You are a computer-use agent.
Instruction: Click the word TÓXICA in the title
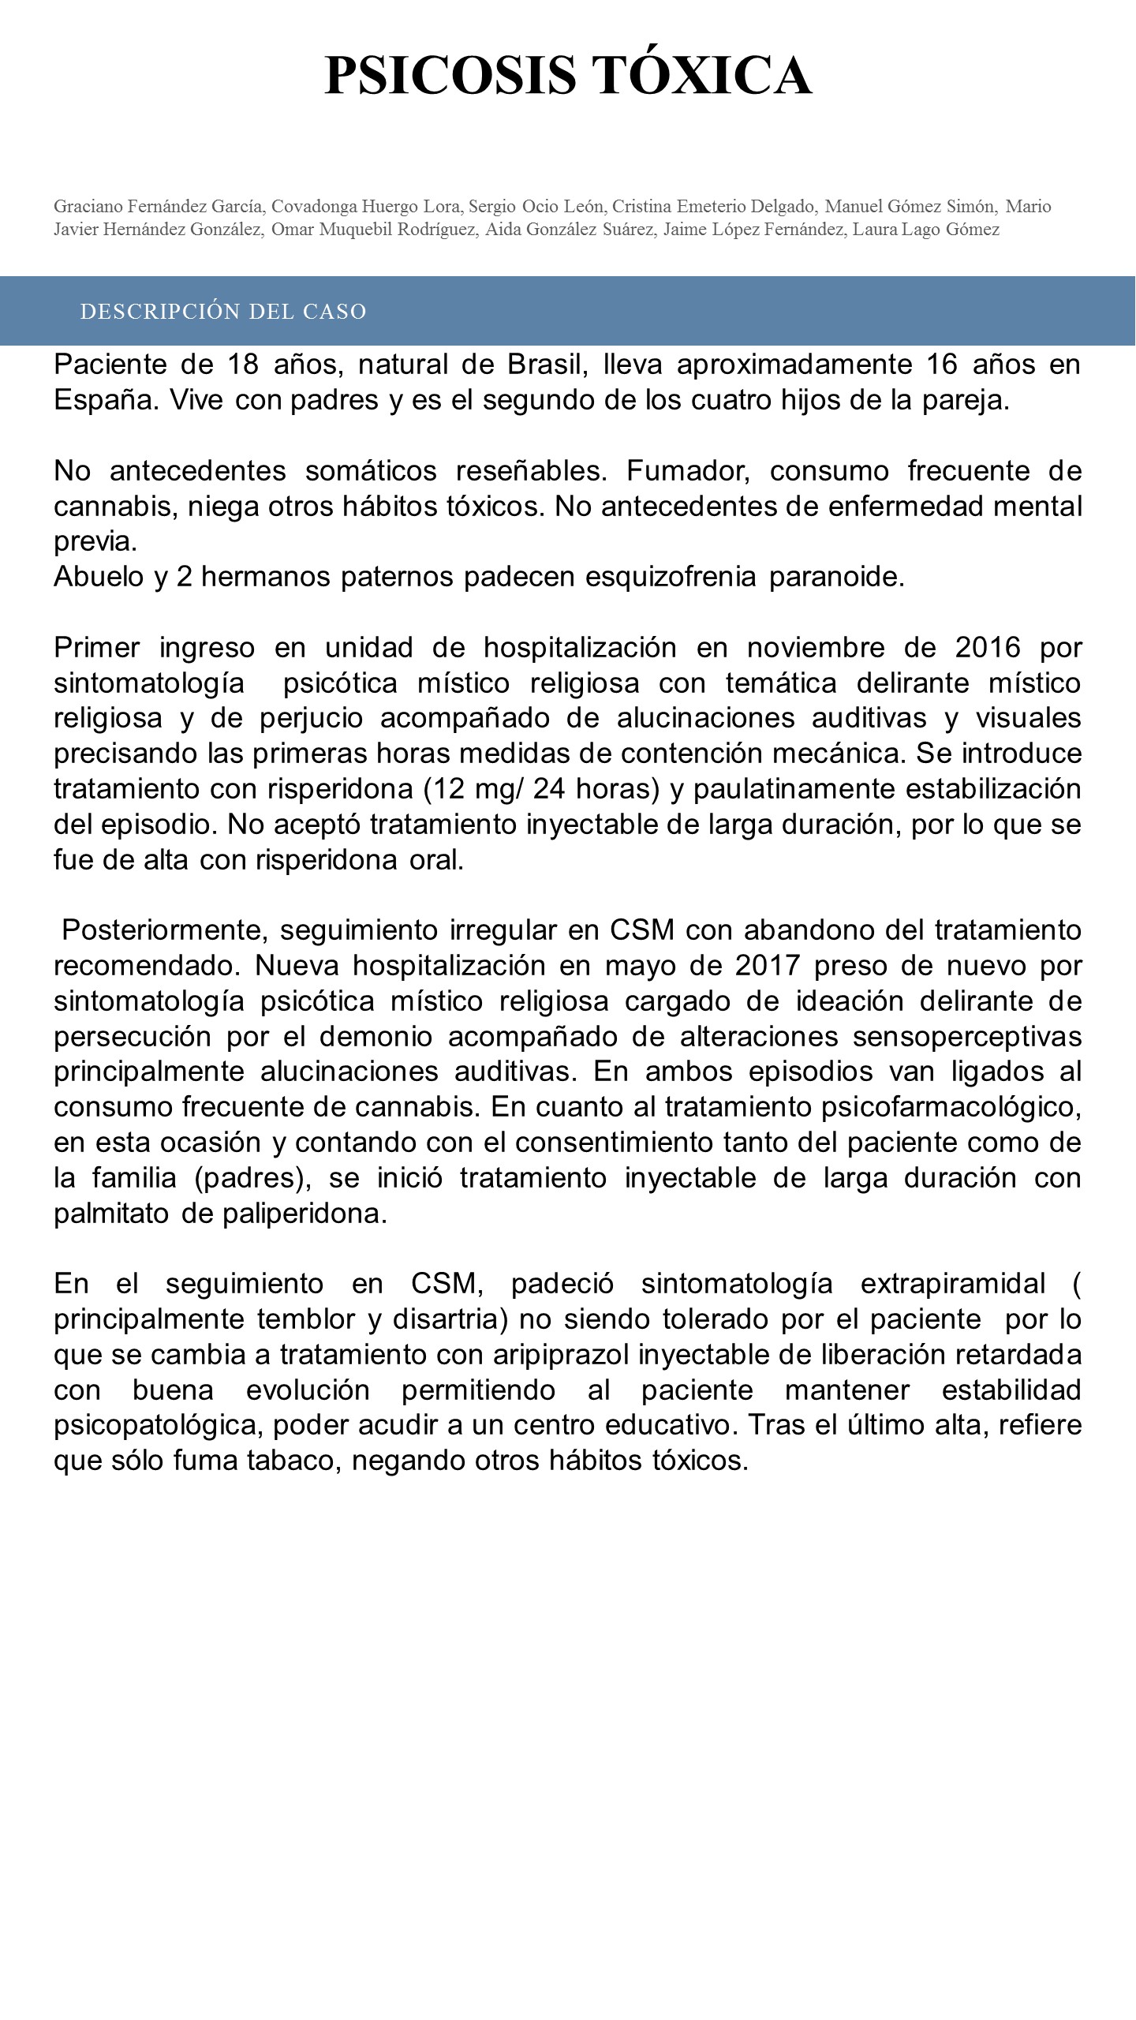(x=701, y=76)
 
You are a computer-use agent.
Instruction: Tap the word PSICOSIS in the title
(x=450, y=76)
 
